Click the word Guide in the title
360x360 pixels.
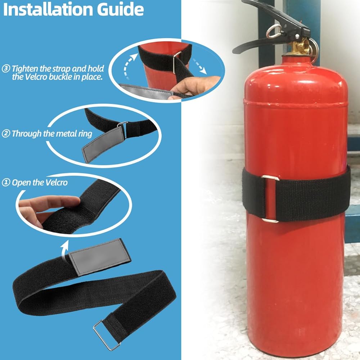coord(121,9)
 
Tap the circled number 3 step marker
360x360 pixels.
coord(6,68)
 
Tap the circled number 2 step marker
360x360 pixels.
coord(6,134)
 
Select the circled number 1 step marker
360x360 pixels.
coord(6,183)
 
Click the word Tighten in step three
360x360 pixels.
coord(25,69)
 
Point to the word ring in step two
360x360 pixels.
coord(85,134)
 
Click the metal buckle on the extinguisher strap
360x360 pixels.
coord(270,199)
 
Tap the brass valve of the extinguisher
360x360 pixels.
coord(298,47)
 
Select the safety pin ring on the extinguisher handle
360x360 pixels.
coord(274,31)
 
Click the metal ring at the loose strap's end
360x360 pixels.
coord(107,336)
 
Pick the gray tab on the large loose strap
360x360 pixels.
coord(100,257)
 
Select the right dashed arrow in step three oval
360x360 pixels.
coord(199,67)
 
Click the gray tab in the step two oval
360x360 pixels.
coord(103,144)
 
